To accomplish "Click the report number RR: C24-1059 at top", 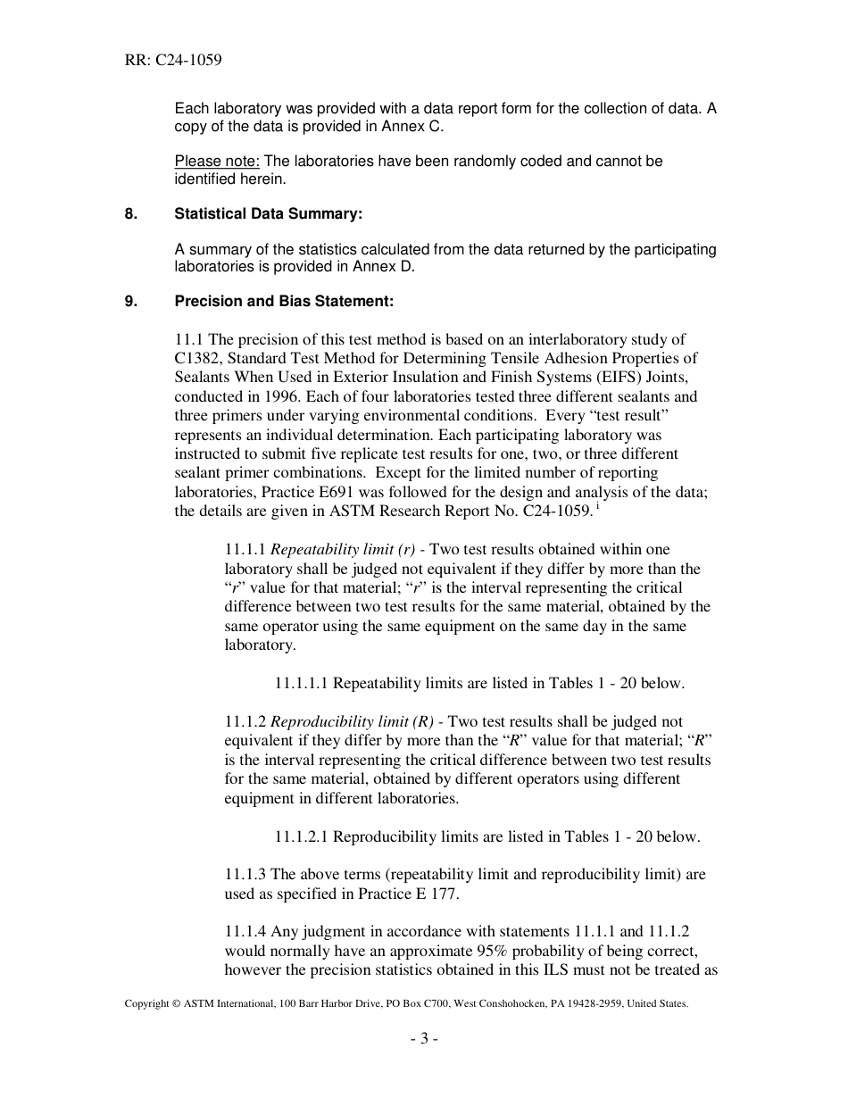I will [x=173, y=61].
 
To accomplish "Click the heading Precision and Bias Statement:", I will [x=284, y=302].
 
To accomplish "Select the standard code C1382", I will [x=201, y=359].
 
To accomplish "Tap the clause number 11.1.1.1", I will [x=302, y=684].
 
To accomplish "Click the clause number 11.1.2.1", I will [x=302, y=837].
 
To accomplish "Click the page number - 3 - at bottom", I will [x=423, y=1038].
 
